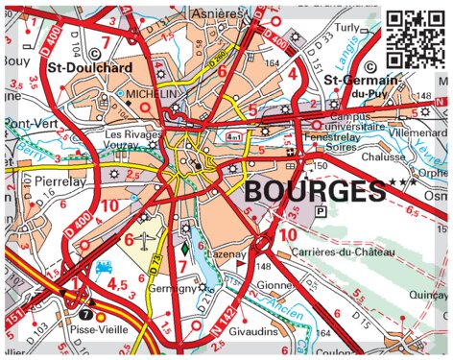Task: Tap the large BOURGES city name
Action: click(314, 191)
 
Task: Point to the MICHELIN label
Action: click(152, 94)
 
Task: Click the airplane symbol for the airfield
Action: click(145, 238)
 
